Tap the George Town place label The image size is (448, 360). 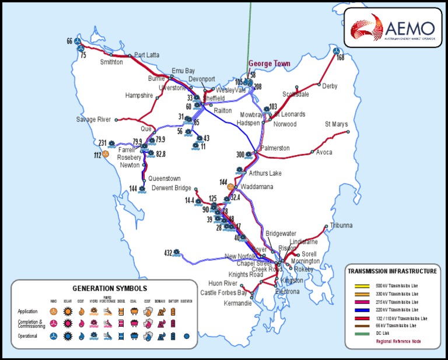(269, 64)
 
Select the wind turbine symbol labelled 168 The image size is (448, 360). (336, 51)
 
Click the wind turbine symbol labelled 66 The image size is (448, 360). (79, 41)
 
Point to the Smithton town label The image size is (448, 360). (111, 61)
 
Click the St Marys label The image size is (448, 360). (336, 124)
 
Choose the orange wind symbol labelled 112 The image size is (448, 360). (106, 154)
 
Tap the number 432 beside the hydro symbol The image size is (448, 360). (168, 253)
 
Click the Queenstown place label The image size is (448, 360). (164, 179)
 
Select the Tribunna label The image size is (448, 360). (341, 225)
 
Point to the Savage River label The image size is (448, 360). (93, 120)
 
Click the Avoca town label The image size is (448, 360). (324, 152)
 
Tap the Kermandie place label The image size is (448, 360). (238, 303)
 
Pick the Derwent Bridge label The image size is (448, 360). (171, 188)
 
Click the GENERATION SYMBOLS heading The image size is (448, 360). (110, 288)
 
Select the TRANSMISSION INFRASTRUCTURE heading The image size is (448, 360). (392, 271)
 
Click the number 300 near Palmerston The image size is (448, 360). (240, 155)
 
